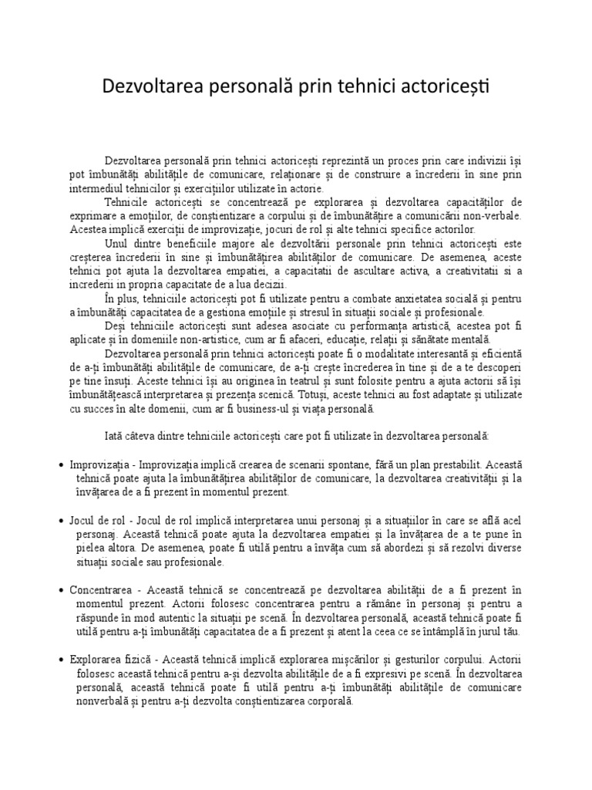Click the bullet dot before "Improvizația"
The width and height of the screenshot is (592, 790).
coord(61,466)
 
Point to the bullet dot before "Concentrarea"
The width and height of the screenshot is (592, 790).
coord(61,590)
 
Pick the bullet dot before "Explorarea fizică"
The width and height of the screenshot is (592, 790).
coord(61,660)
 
